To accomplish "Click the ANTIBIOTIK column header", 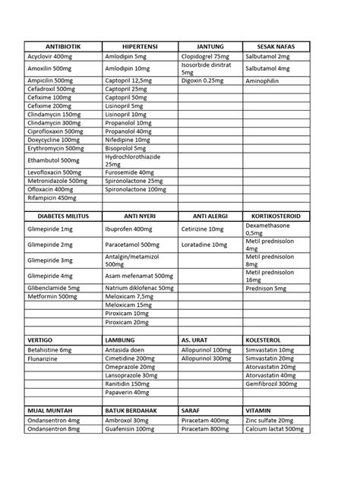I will pyautogui.click(x=62, y=47).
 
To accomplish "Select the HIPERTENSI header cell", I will pyautogui.click(x=139, y=47).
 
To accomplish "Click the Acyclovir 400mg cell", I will pyautogui.click(x=50, y=56).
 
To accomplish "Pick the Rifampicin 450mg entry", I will pyautogui.click(x=52, y=198).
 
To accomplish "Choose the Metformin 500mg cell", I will pyautogui.click(x=52, y=297).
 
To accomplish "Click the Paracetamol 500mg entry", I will pyautogui.click(x=132, y=245).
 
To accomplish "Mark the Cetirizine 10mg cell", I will pyautogui.click(x=202, y=229).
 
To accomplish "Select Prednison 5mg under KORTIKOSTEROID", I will pyautogui.click(x=266, y=289).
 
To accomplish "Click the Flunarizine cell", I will pyautogui.click(x=45, y=358).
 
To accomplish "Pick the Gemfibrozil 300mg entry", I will pyautogui.click(x=271, y=384).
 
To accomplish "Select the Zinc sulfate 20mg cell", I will pyautogui.click(x=269, y=420).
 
